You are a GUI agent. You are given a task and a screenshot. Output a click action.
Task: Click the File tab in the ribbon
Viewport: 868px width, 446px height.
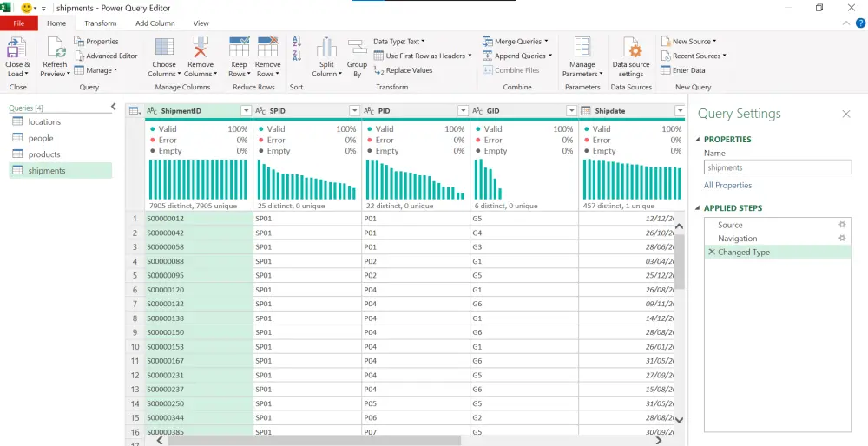pyautogui.click(x=18, y=23)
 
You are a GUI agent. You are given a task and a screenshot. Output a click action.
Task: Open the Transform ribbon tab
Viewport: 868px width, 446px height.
pyautogui.click(x=101, y=23)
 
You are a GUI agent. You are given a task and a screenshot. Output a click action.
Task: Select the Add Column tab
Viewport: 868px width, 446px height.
pyautogui.click(x=155, y=23)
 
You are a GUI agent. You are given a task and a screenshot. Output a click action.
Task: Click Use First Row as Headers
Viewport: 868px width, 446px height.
pyautogui.click(x=423, y=56)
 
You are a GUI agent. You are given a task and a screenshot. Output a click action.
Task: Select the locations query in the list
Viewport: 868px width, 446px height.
pyautogui.click(x=44, y=122)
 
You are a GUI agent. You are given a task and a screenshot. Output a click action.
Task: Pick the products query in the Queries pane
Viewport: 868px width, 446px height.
pyautogui.click(x=44, y=154)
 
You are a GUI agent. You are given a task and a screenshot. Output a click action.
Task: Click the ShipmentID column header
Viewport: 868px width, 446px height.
pyautogui.click(x=191, y=111)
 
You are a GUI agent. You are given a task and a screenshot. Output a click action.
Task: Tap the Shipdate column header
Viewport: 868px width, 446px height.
pyautogui.click(x=625, y=111)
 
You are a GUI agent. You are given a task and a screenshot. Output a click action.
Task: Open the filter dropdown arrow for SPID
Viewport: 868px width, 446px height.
pyautogui.click(x=354, y=111)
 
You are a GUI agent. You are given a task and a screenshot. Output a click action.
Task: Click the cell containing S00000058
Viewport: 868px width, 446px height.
pyautogui.click(x=166, y=247)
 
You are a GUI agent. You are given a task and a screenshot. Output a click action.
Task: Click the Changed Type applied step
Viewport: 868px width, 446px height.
pyautogui.click(x=744, y=253)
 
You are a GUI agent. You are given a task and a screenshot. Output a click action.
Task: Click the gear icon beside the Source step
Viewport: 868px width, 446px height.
pyautogui.click(x=841, y=225)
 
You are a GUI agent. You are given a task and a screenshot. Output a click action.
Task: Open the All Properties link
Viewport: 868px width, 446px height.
pyautogui.click(x=727, y=185)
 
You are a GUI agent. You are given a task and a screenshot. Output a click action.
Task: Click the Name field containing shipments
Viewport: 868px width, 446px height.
pyautogui.click(x=777, y=167)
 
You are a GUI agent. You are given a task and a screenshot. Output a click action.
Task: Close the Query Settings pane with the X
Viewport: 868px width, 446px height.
pyautogui.click(x=845, y=114)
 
